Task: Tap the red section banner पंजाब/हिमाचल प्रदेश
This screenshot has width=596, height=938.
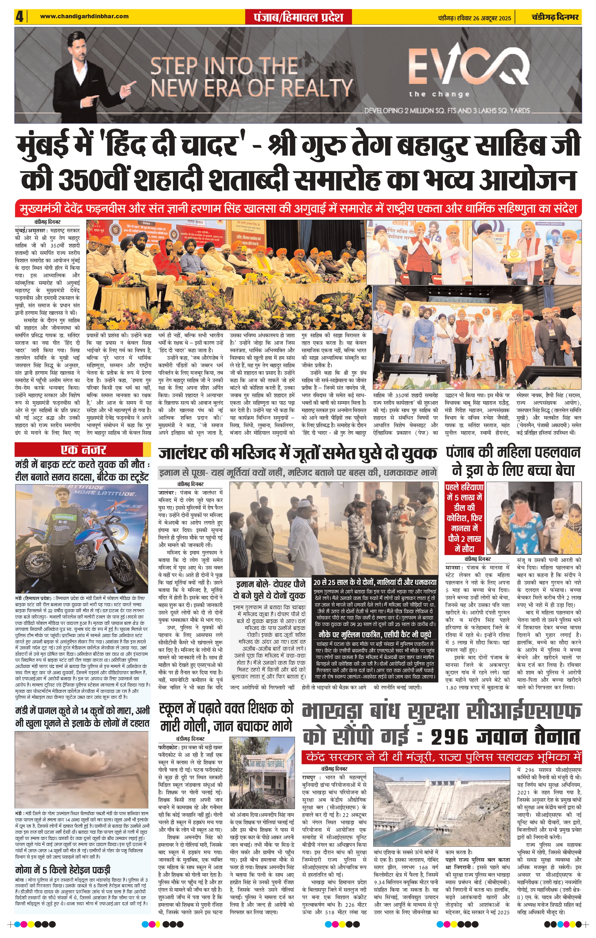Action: (x=298, y=17)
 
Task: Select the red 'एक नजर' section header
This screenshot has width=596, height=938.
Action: (x=83, y=450)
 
